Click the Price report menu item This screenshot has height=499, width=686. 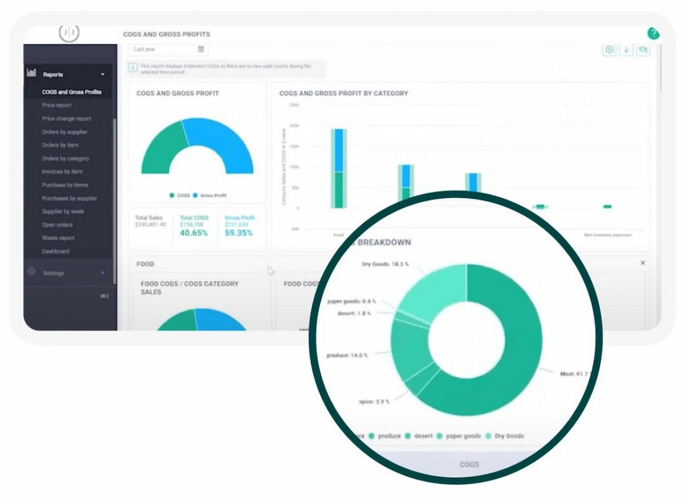[x=57, y=105]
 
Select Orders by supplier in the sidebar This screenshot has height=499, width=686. [x=65, y=132]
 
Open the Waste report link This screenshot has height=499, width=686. [x=58, y=238]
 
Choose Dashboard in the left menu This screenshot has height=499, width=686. [x=55, y=252]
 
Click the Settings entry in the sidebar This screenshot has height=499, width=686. [x=53, y=273]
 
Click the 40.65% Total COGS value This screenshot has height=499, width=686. [x=194, y=233]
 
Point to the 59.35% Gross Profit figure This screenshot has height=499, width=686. [x=238, y=233]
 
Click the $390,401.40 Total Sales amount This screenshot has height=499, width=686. [x=150, y=225]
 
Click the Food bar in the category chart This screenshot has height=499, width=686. [x=338, y=169]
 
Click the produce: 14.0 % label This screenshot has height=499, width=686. [x=347, y=355]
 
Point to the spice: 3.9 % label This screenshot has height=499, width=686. [x=374, y=402]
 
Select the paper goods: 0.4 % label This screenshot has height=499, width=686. [x=352, y=301]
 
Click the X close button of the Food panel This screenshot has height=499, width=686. [x=643, y=263]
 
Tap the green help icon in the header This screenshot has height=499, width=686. [x=653, y=34]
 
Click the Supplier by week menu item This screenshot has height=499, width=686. [x=63, y=211]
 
